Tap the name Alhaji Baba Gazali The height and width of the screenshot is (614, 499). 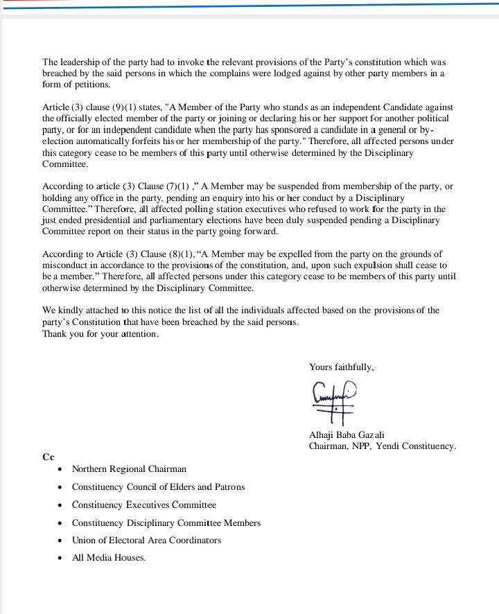(347, 435)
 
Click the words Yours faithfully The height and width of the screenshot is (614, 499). (341, 367)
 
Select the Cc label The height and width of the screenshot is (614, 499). (48, 457)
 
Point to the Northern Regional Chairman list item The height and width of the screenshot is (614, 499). (129, 469)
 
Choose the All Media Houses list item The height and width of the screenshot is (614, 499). (109, 557)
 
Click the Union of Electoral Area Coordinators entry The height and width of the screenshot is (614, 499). (146, 540)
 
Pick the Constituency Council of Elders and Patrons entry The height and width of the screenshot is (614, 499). (158, 486)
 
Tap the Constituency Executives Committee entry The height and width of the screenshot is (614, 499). (144, 505)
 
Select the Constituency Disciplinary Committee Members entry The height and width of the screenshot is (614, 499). (166, 523)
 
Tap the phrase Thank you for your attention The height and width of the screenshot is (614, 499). (100, 333)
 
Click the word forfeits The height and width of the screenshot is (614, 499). (157, 141)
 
